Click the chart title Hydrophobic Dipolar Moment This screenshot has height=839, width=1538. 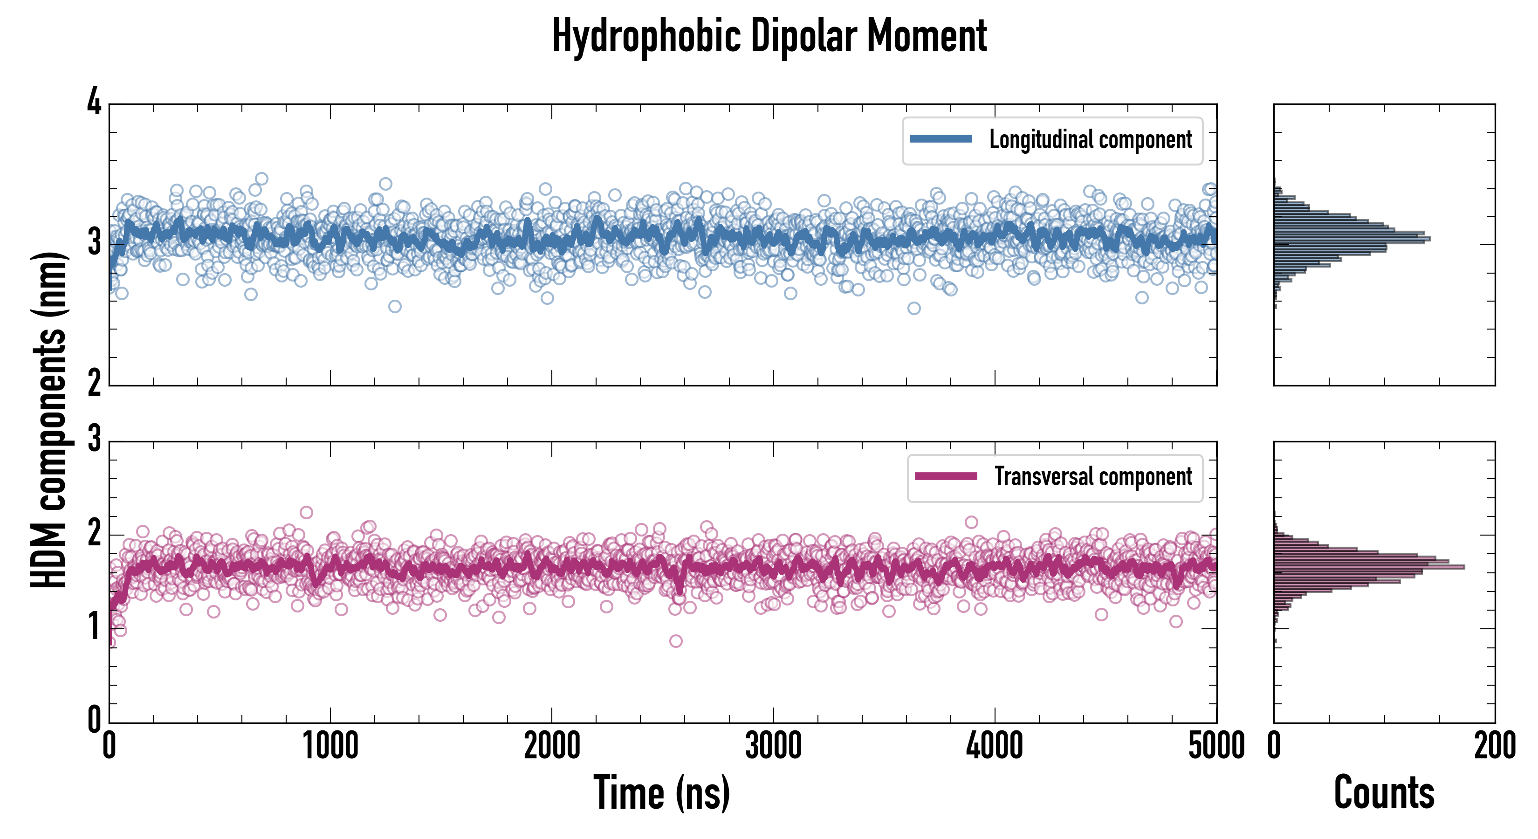click(x=769, y=36)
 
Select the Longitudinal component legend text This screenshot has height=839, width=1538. click(x=1090, y=140)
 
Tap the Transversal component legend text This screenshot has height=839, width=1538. click(x=1092, y=476)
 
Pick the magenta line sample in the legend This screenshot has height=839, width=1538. click(x=946, y=476)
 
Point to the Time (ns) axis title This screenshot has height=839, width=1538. click(x=661, y=792)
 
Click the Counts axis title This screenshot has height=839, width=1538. click(x=1384, y=792)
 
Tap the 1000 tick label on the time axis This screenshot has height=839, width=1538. click(x=330, y=746)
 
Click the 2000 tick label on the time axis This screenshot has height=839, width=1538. click(x=552, y=746)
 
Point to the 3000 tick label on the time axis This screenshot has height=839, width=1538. click(x=773, y=746)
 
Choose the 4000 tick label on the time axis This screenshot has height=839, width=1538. click(x=995, y=746)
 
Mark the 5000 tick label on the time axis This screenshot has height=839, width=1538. click(x=1216, y=746)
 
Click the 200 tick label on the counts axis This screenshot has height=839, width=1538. click(x=1494, y=746)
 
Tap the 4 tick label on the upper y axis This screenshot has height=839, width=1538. click(x=94, y=103)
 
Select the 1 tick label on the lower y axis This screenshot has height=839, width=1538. click(x=94, y=627)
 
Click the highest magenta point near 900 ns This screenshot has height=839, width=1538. click(x=306, y=512)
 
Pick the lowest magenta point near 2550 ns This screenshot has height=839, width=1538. click(x=676, y=641)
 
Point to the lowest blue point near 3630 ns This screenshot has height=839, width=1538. click(x=914, y=309)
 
